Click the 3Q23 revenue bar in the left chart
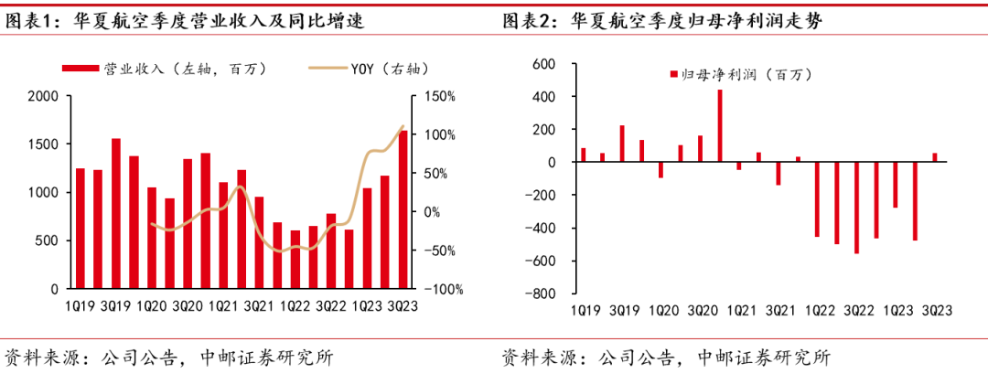[x=403, y=210]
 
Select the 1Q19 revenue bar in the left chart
[x=81, y=229]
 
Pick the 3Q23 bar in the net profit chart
[x=934, y=157]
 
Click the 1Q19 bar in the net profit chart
[x=583, y=155]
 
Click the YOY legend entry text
[x=388, y=68]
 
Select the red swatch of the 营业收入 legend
[x=81, y=68]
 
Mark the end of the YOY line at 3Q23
[x=403, y=126]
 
